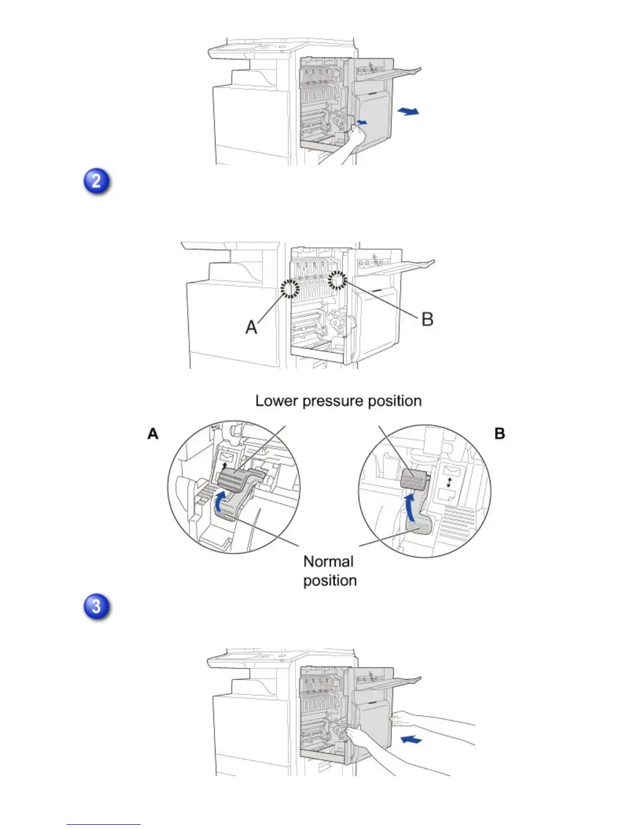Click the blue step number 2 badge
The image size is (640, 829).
pyautogui.click(x=97, y=182)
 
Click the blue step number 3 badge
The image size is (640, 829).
pyautogui.click(x=97, y=607)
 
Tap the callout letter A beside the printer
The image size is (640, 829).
pyautogui.click(x=252, y=327)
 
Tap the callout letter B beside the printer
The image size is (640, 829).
pyautogui.click(x=427, y=319)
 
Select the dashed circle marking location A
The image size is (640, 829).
pyautogui.click(x=290, y=287)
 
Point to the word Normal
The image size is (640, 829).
pyautogui.click(x=328, y=562)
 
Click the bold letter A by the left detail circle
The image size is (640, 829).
pyautogui.click(x=153, y=434)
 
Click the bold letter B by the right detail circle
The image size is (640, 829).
pyautogui.click(x=499, y=434)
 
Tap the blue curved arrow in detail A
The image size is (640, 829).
pyautogui.click(x=221, y=500)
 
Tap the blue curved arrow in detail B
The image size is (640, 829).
pyautogui.click(x=411, y=507)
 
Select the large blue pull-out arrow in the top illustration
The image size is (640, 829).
pyautogui.click(x=408, y=111)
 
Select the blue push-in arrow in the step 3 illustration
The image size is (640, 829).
pyautogui.click(x=410, y=740)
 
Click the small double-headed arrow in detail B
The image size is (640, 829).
pyautogui.click(x=449, y=481)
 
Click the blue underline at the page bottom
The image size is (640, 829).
pyautogui.click(x=104, y=824)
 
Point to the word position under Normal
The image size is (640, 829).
pyautogui.click(x=330, y=580)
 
